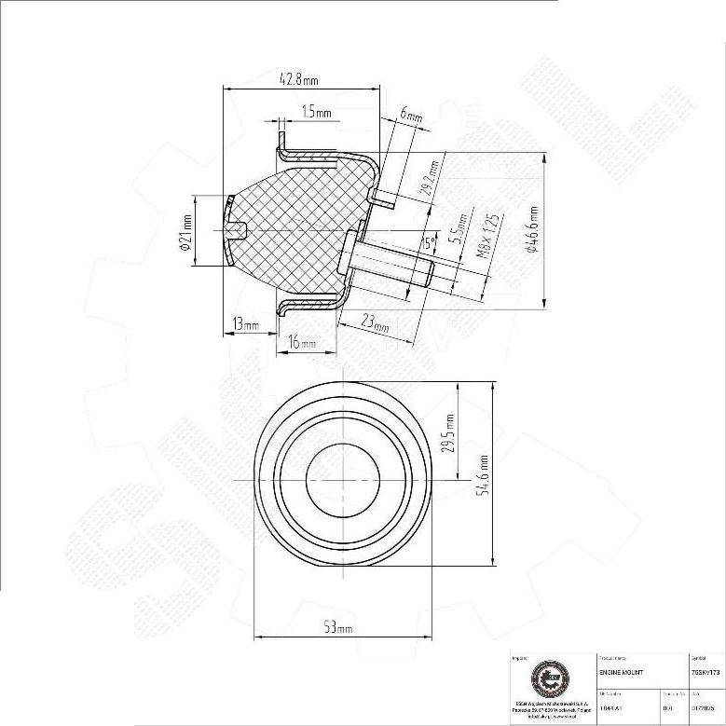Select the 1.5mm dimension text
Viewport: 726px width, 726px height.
click(x=317, y=113)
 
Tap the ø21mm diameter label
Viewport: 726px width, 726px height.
click(x=186, y=231)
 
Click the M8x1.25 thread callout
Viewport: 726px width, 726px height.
click(x=489, y=236)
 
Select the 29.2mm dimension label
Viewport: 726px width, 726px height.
click(x=430, y=176)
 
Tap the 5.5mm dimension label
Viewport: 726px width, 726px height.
click(x=457, y=227)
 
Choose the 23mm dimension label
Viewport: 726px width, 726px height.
click(x=376, y=323)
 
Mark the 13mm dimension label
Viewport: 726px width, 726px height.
click(x=246, y=324)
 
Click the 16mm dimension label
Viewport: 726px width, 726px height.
click(x=302, y=344)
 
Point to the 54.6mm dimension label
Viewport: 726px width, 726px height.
click(x=483, y=474)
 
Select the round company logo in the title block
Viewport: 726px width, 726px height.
click(x=546, y=679)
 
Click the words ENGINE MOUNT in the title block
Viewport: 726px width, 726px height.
click(x=619, y=671)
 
